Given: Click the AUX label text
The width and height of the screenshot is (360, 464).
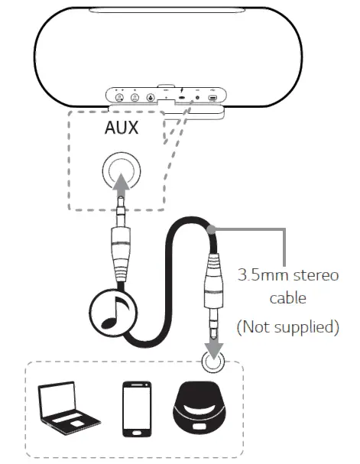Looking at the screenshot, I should click(x=122, y=128).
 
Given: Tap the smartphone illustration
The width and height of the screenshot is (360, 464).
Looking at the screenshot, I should click(x=135, y=406).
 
